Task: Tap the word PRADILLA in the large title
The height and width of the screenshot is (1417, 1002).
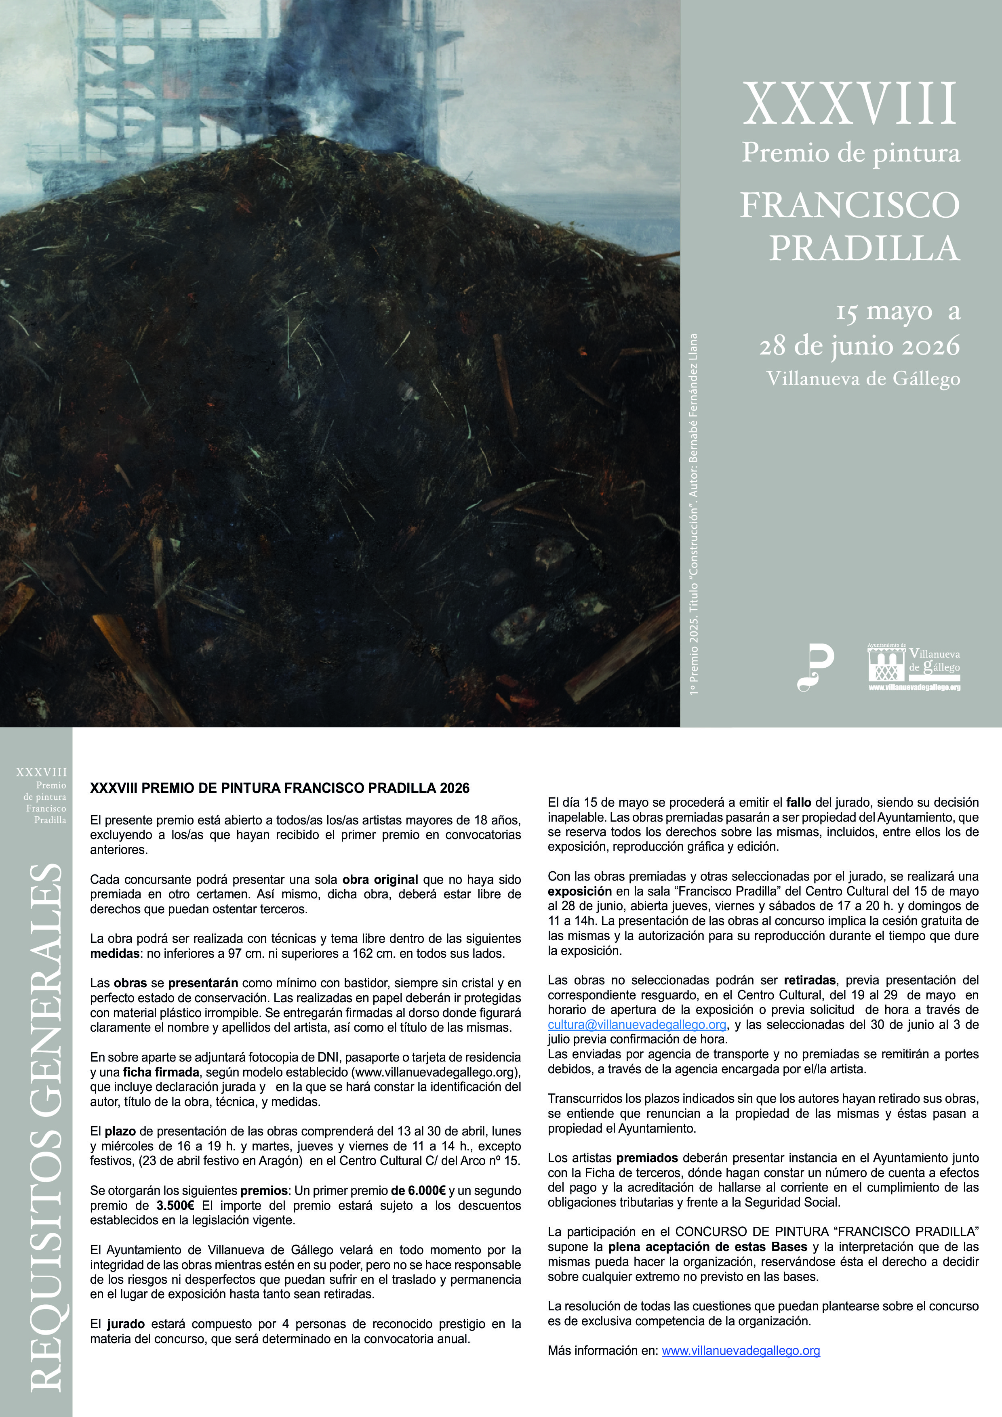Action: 864,248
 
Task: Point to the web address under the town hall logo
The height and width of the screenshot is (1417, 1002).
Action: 914,687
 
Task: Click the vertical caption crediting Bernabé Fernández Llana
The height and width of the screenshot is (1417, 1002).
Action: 694,513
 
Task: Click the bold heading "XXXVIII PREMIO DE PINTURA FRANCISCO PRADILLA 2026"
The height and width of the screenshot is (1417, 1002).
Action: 280,788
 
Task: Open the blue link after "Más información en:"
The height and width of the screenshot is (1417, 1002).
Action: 741,1350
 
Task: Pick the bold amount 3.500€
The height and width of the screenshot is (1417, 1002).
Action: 175,1205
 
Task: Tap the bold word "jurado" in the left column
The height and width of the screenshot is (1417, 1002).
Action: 126,1324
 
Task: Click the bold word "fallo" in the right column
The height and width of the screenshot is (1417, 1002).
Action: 799,802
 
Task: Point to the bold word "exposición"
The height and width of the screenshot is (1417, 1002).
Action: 579,891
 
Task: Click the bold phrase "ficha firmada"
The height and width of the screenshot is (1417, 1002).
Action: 160,1072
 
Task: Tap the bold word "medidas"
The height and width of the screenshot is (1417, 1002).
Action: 115,954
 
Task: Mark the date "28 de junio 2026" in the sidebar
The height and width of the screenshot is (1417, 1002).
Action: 859,346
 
